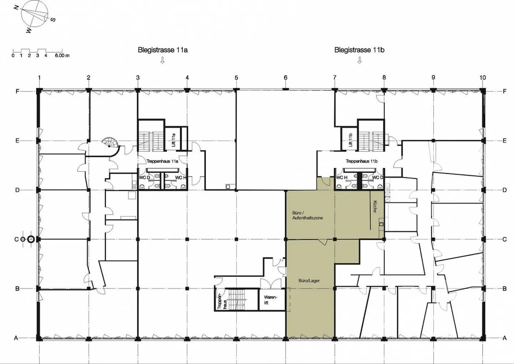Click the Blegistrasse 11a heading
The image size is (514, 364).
163,50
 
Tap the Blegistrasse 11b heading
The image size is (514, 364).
359,50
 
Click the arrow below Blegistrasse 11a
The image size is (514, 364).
162,60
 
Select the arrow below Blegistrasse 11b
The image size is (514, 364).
359,60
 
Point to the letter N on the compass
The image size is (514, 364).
16,8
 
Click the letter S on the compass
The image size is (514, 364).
53,20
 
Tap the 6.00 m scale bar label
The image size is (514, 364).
62,56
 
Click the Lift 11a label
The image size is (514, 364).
173,140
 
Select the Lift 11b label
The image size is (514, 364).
350,140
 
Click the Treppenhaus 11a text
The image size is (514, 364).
162,161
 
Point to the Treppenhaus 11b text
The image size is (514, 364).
362,161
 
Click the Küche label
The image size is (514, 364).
375,206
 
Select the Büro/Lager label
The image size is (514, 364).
309,281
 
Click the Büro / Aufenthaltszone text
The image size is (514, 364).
307,215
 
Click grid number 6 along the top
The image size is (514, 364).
286,78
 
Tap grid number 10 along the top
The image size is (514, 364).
483,78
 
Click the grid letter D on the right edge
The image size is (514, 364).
504,190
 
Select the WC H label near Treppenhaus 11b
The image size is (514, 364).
342,178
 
